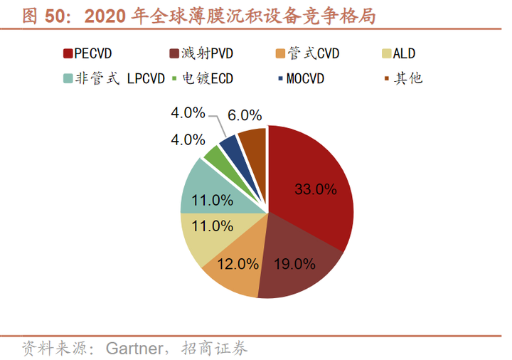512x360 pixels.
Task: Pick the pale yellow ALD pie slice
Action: [203, 235]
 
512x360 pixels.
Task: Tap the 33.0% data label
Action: [315, 189]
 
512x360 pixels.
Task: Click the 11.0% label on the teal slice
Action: [213, 201]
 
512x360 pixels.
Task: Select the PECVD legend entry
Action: [92, 53]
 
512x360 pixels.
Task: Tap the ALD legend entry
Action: [398, 53]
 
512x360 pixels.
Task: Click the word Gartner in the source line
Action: [131, 349]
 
